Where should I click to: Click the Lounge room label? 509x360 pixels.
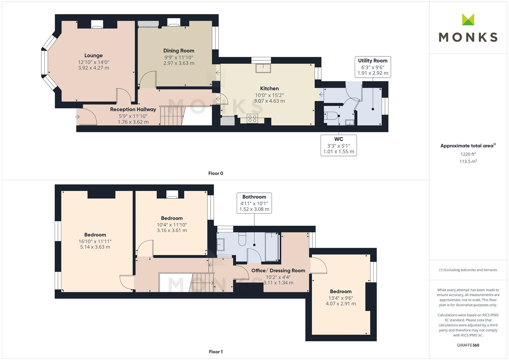pyautogui.click(x=93, y=55)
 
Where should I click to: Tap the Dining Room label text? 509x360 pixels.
pyautogui.click(x=179, y=51)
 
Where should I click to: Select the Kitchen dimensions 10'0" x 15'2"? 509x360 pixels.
pyautogui.click(x=269, y=95)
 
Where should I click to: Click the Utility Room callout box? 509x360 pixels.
pyautogui.click(x=372, y=67)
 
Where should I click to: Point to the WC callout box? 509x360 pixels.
pyautogui.click(x=338, y=145)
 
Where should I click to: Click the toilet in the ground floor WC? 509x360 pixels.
pyautogui.click(x=330, y=116)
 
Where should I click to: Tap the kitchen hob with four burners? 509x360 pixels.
pyautogui.click(x=252, y=118)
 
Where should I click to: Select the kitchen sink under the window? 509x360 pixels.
pyautogui.click(x=263, y=68)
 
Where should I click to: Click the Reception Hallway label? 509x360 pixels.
pyautogui.click(x=133, y=109)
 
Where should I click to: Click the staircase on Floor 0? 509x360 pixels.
pyautogui.click(x=172, y=115)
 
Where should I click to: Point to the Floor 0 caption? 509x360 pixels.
pyautogui.click(x=216, y=173)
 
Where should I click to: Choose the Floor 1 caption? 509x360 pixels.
pyautogui.click(x=216, y=352)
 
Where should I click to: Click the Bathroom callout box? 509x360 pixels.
pyautogui.click(x=254, y=203)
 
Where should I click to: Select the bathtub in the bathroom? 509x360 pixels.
pyautogui.click(x=272, y=247)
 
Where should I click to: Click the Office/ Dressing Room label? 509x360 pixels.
pyautogui.click(x=278, y=270)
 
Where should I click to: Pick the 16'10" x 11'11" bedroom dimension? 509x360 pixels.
pyautogui.click(x=95, y=241)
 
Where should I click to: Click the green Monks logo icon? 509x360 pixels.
pyautogui.click(x=468, y=20)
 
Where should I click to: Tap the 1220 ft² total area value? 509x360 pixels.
pyautogui.click(x=468, y=154)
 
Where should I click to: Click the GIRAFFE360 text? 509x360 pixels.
pyautogui.click(x=468, y=345)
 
